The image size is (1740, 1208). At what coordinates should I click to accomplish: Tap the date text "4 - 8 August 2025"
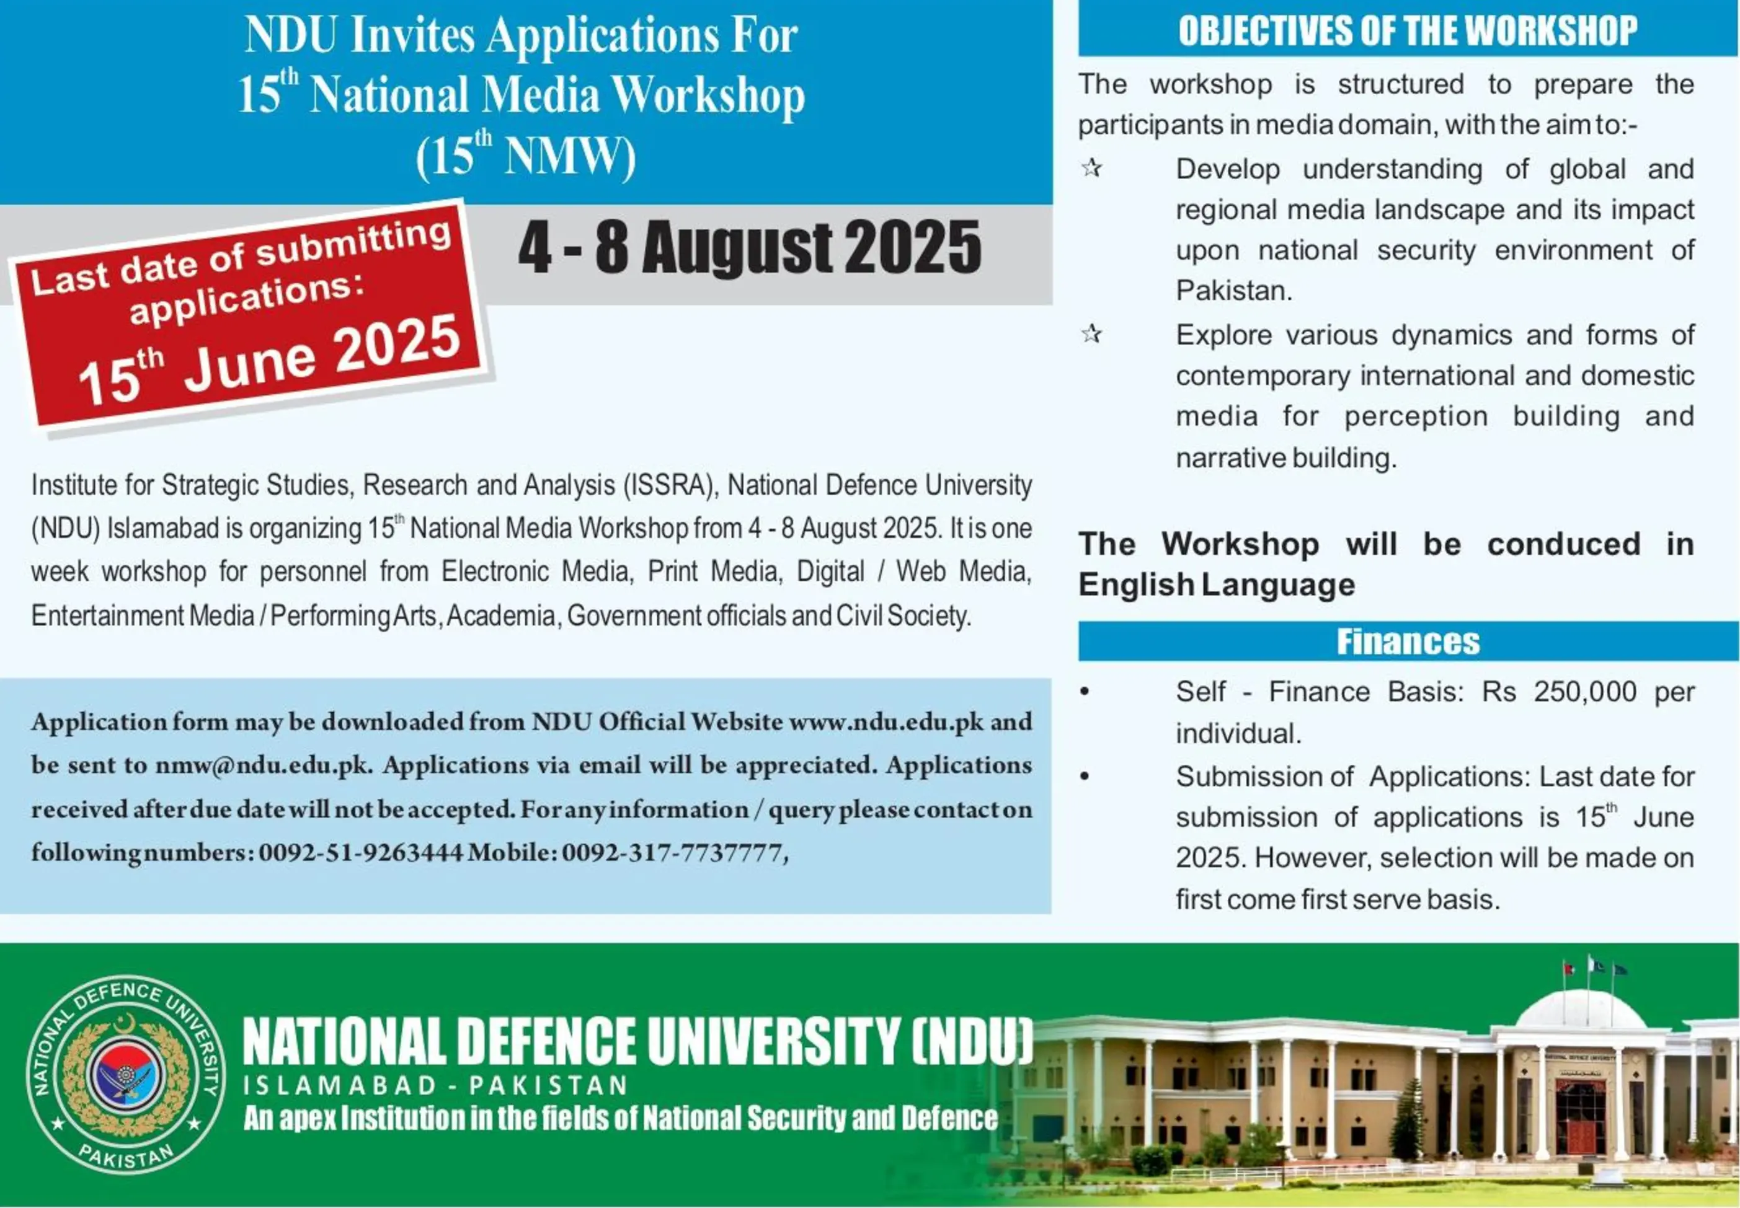coord(750,247)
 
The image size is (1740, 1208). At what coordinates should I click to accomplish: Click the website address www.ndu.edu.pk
coord(886,721)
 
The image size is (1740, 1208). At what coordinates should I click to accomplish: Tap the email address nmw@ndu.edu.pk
coord(264,765)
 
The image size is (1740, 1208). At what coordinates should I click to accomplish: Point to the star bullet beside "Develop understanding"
coord(1091,167)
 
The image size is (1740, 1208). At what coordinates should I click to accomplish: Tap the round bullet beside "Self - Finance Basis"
coord(1085,691)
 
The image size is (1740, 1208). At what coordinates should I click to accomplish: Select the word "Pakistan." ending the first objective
coord(1234,291)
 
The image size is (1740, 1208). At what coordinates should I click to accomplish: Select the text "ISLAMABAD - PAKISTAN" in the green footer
coord(435,1085)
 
